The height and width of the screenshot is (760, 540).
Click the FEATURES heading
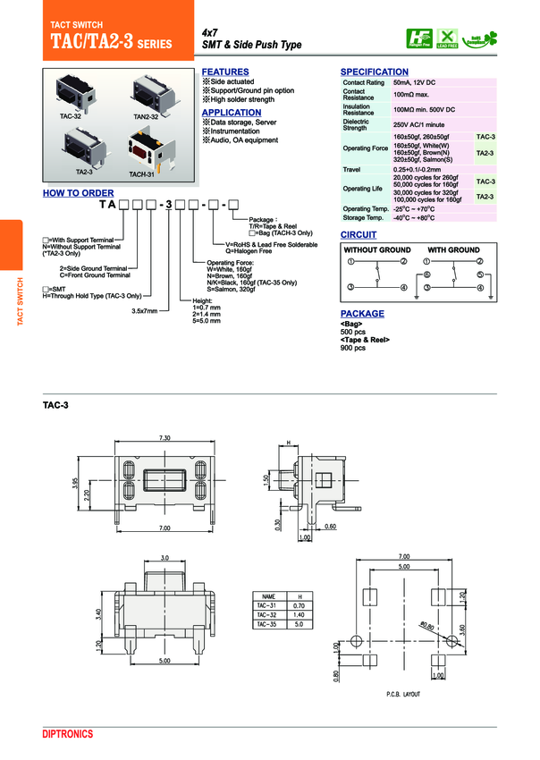pos(225,72)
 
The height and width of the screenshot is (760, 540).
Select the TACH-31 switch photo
pos(143,148)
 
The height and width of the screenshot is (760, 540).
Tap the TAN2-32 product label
pos(146,116)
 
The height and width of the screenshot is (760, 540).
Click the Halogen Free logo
pos(418,38)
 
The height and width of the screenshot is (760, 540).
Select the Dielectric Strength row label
pos(356,124)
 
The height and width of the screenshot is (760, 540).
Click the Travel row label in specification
pos(351,169)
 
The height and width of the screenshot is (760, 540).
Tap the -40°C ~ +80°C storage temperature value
pos(414,217)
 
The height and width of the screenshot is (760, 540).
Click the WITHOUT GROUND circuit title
pos(377,249)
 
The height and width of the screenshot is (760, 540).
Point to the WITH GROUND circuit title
pos(453,249)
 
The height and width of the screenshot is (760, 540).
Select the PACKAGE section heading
pos(362,314)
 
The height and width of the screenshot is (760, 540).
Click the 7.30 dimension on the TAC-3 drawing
pos(165,438)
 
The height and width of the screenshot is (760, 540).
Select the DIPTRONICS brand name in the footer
pos(68,733)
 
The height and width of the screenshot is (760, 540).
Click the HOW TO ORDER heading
pos(79,193)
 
